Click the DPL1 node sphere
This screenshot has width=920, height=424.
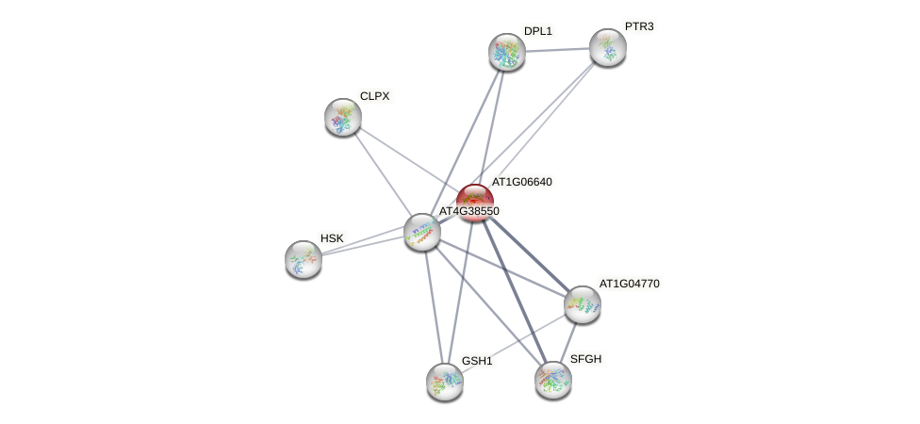click(x=506, y=52)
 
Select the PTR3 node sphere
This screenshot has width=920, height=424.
click(x=607, y=47)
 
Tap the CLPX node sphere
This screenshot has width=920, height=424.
click(x=343, y=117)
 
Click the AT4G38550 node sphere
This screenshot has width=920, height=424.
click(x=421, y=232)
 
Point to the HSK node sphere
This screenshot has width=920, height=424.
click(x=304, y=259)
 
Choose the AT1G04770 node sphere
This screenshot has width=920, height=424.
click(x=582, y=304)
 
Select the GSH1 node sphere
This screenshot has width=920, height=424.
click(x=445, y=382)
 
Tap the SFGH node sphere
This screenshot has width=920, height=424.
click(x=553, y=380)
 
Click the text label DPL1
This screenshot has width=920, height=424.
click(x=538, y=31)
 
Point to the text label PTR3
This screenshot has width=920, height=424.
click(x=639, y=26)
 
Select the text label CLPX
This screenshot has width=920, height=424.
click(x=374, y=96)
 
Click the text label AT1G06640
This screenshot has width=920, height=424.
click(x=521, y=182)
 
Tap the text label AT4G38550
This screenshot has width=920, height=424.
click(x=468, y=211)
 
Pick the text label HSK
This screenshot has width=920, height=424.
click(x=332, y=238)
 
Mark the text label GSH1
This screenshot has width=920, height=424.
click(x=477, y=361)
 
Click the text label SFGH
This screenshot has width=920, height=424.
click(x=585, y=359)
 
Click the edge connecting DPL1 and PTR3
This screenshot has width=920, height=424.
click(x=556, y=50)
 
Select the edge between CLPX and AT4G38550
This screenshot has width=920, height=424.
click(x=382, y=173)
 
